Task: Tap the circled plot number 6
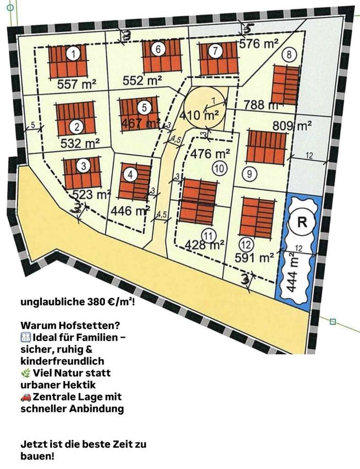point(158,50)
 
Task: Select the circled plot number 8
point(289,55)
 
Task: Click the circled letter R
point(302,223)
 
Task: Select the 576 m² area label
point(259,44)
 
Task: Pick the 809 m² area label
point(292,125)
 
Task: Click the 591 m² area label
point(254,257)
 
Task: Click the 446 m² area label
point(131,211)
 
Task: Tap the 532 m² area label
point(80,143)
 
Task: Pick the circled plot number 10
point(220,169)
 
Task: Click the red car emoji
point(26,397)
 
